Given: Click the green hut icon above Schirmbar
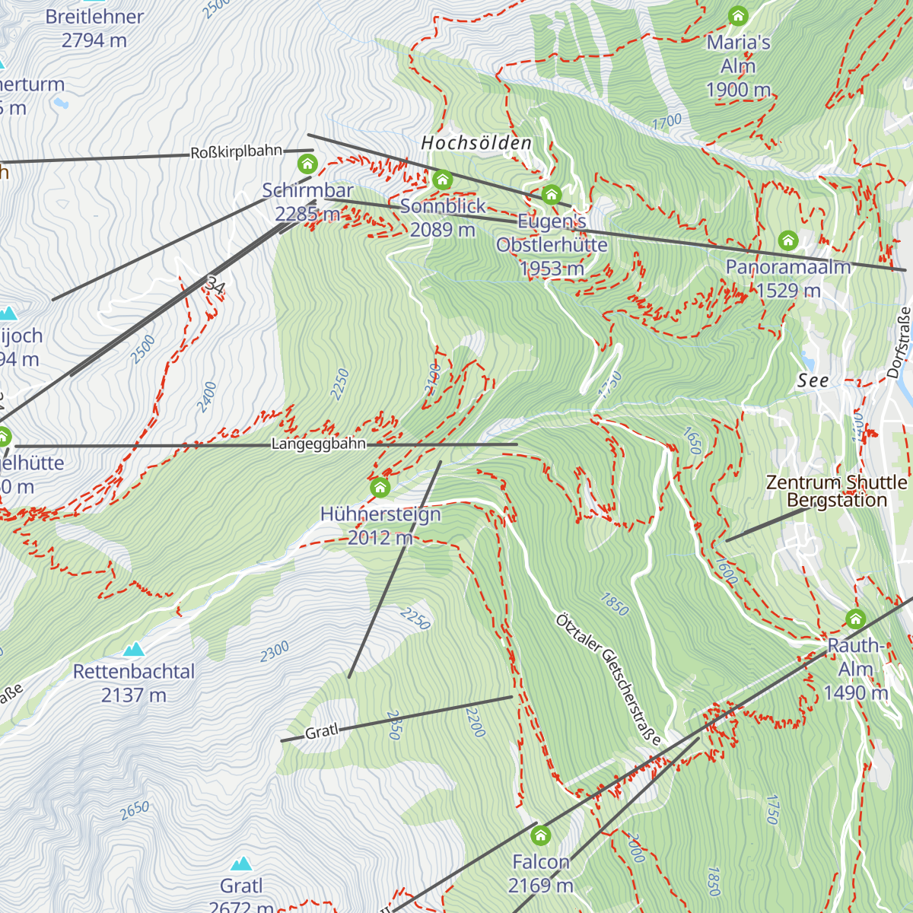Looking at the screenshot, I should pyautogui.click(x=307, y=164).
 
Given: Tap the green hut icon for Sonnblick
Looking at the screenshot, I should pyautogui.click(x=443, y=180).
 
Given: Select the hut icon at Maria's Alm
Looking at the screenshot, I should pyautogui.click(x=737, y=16).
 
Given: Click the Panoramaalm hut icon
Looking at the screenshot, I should pyautogui.click(x=788, y=241).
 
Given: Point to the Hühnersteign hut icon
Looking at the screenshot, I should pyautogui.click(x=380, y=487).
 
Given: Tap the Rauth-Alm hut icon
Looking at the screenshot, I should pyautogui.click(x=856, y=619).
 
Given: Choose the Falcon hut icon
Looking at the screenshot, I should pyautogui.click(x=541, y=836).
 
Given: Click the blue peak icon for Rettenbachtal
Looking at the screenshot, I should pyautogui.click(x=135, y=649).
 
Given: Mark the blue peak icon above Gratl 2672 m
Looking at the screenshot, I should pyautogui.click(x=242, y=863).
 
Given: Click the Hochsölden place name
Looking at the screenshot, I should pyautogui.click(x=476, y=143).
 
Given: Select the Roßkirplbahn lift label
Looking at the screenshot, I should pyautogui.click(x=236, y=152).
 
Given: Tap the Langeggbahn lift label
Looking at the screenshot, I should pyautogui.click(x=318, y=444).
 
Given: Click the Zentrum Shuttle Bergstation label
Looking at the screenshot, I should pyautogui.click(x=836, y=491).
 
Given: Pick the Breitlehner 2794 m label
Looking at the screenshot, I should pyautogui.click(x=94, y=28).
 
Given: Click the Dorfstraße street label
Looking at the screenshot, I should pyautogui.click(x=899, y=342).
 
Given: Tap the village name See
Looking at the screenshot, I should pyautogui.click(x=813, y=381).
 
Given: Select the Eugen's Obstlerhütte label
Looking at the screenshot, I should pyautogui.click(x=552, y=245).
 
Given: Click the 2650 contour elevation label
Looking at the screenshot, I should pyautogui.click(x=135, y=811).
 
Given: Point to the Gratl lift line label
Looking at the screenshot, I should pyautogui.click(x=321, y=732).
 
